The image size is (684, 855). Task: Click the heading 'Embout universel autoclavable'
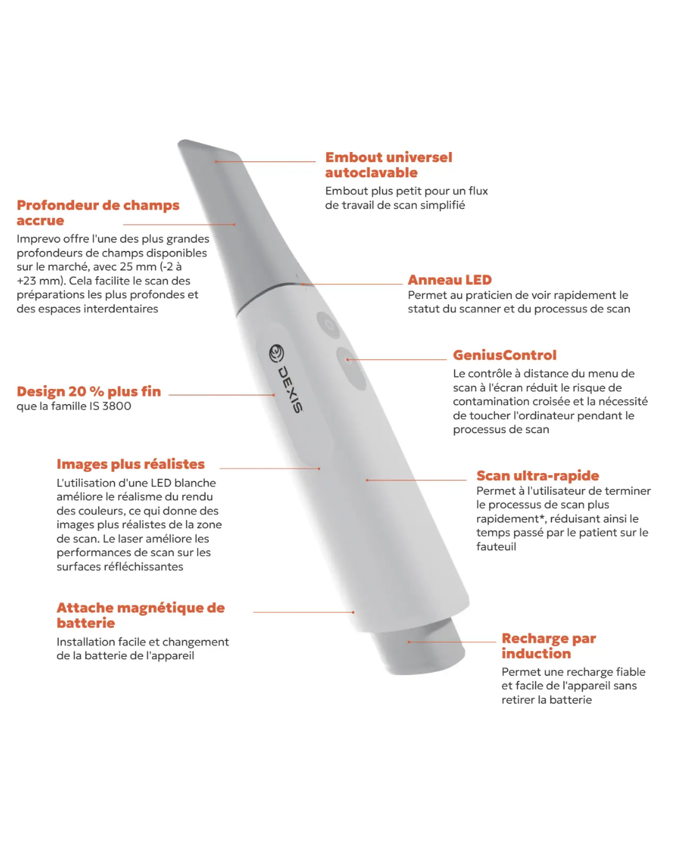pos(388,165)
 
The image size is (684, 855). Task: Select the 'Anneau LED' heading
pos(450,280)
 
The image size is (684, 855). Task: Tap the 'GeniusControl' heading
pos(504,355)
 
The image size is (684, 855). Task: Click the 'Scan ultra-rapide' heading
pos(537,476)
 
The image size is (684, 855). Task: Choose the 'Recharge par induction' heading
pos(548,646)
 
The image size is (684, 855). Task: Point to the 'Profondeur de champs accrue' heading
pos(98,213)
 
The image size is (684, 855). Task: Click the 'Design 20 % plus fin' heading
pos(89,391)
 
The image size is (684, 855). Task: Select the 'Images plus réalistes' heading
pos(130,464)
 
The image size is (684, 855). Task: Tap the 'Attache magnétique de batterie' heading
pos(140,615)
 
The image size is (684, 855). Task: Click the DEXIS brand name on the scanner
pos(291,389)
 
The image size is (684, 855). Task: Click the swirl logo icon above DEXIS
pos(277,353)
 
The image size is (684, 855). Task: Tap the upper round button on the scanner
pos(328,324)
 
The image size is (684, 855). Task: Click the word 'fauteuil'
pos(496,547)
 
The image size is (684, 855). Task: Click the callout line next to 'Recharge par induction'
pos(452,642)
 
